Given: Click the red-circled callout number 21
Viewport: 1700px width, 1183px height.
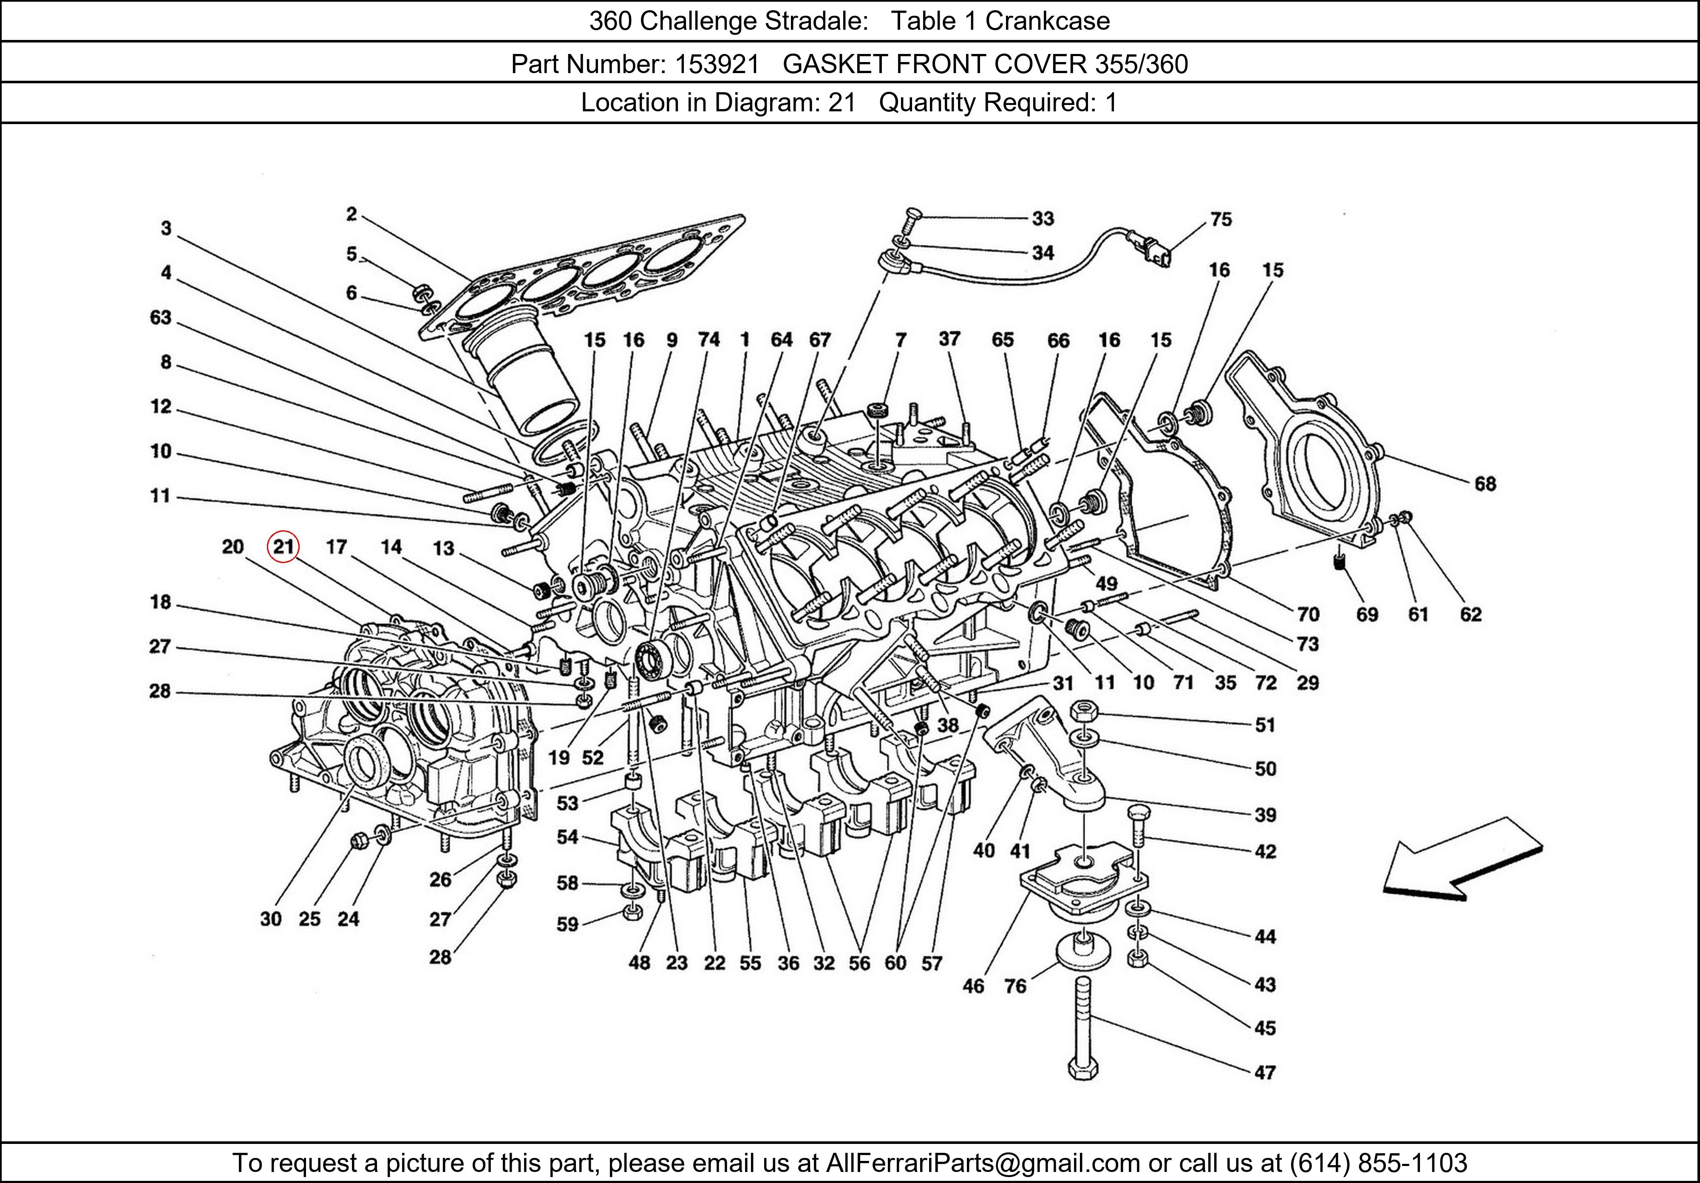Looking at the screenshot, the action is (283, 547).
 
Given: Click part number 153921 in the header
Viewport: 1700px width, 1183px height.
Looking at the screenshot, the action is (716, 65).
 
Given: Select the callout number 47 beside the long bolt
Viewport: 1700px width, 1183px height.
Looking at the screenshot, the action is (1265, 1072).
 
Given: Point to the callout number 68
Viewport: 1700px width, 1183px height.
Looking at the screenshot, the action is (1485, 484).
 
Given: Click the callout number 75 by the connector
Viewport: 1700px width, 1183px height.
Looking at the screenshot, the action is (1221, 219).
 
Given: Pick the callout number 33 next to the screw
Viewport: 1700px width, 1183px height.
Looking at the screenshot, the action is (1043, 218).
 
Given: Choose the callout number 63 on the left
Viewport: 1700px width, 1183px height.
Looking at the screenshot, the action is (161, 317).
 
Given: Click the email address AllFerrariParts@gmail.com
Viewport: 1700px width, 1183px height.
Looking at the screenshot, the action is (983, 1163).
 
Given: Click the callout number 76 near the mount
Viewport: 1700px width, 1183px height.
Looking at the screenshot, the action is (1015, 986).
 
